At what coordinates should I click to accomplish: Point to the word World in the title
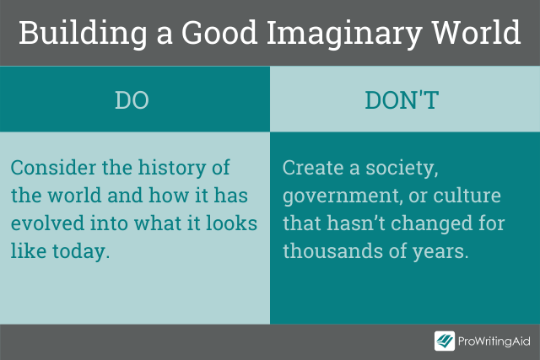(476, 33)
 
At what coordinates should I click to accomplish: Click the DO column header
(132, 100)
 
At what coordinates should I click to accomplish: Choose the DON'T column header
(402, 100)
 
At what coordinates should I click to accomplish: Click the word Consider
(53, 168)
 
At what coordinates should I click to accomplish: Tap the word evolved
(47, 223)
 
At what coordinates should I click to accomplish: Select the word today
(81, 251)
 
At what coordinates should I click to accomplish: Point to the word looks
(232, 223)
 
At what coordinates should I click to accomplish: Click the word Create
(313, 168)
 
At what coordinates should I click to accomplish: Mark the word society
(402, 169)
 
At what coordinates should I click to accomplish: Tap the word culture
(467, 195)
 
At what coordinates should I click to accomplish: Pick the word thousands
(333, 250)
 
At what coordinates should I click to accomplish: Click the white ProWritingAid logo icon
(445, 341)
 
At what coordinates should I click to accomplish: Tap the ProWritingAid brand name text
(494, 341)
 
